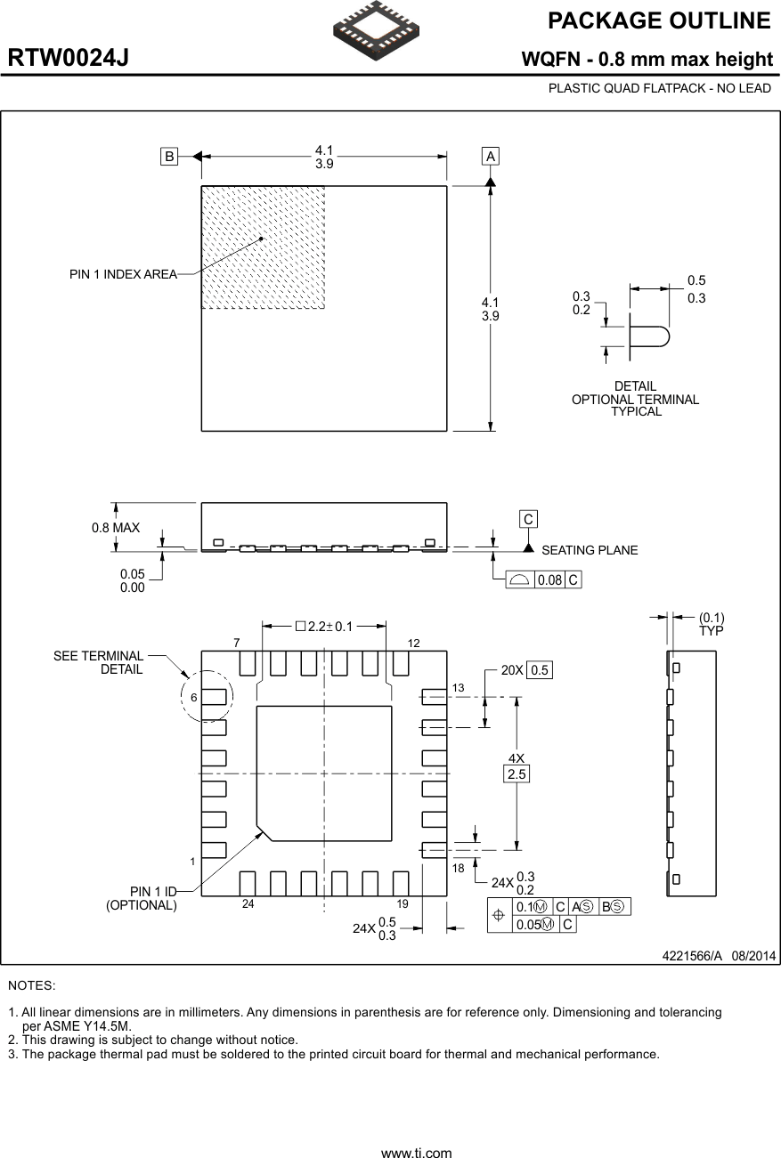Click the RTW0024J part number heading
pos(69,59)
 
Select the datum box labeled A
pos(490,156)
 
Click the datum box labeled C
pos(528,519)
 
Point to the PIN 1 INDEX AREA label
pos(123,274)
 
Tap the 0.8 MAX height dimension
pos(116,528)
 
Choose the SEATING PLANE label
pos(590,550)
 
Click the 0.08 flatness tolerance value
pos(550,580)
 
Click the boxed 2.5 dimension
pos(517,774)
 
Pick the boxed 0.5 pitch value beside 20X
pos(540,670)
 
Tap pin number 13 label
pos(459,688)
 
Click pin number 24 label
pos(248,903)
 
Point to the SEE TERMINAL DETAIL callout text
pos(98,662)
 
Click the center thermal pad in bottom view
pos(324,773)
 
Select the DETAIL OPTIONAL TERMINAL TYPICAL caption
pos(635,399)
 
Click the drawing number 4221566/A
pos(691,956)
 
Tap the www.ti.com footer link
pos(416,1153)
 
